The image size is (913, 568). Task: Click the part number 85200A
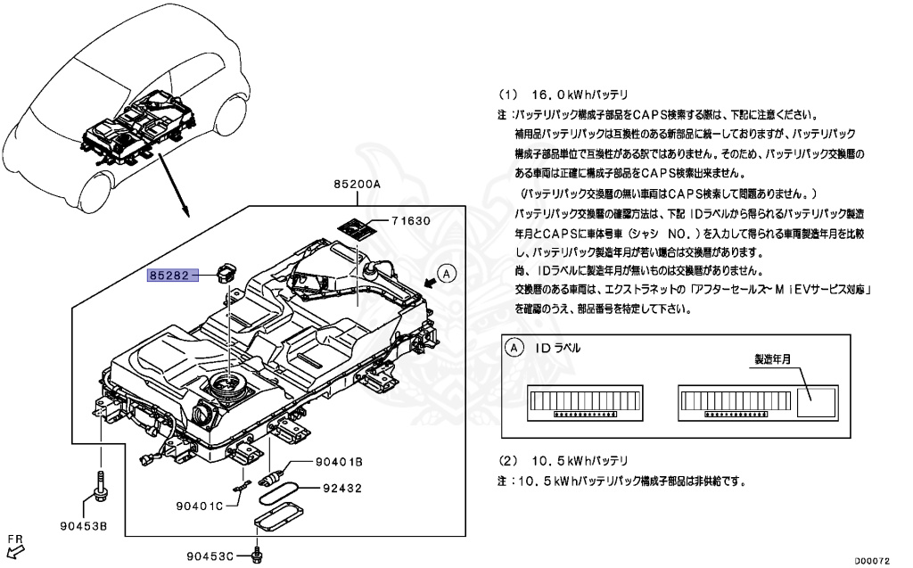[358, 184]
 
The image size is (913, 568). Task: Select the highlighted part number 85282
[169, 276]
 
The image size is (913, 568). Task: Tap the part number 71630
[412, 221]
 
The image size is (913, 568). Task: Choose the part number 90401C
[198, 506]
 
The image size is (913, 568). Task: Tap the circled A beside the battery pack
[448, 274]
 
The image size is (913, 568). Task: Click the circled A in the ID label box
[514, 349]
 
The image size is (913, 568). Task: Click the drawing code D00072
[874, 561]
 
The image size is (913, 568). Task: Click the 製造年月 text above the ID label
[774, 360]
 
